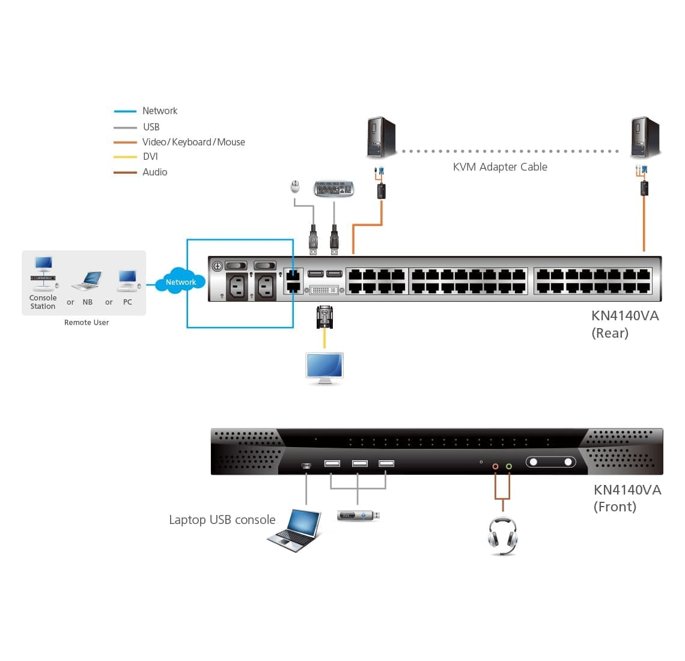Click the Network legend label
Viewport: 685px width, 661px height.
160,111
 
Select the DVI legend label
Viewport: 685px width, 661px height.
150,157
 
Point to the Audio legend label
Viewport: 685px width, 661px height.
154,172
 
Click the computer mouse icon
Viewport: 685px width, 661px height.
294,187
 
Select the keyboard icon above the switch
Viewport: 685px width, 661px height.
333,189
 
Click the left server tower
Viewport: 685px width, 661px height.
381,138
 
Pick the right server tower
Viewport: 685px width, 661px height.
645,138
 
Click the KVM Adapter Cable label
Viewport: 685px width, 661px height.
500,167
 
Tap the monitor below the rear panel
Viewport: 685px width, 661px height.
324,368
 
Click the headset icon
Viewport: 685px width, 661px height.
502,535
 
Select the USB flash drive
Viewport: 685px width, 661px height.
358,516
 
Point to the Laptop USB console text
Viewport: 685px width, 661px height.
222,520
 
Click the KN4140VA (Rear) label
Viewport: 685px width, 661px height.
625,324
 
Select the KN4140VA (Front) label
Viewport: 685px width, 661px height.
627,498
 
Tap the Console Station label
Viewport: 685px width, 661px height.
43,302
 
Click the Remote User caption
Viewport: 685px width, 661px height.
87,323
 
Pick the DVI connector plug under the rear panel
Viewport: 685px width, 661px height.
324,317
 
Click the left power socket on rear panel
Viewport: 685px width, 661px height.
237,286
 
